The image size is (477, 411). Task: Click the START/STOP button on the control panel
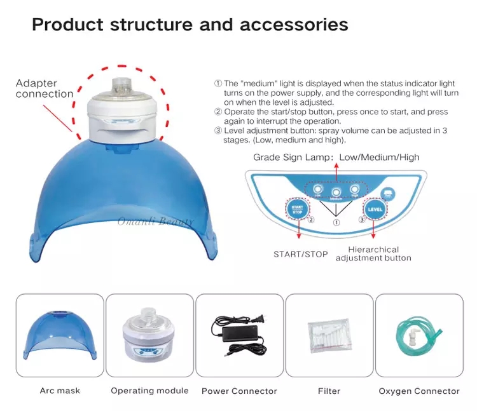295,208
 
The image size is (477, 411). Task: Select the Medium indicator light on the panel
336,191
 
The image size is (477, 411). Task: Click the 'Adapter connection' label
45,89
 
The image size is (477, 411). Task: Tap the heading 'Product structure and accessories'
190,25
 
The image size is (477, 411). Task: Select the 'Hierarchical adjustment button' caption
373,254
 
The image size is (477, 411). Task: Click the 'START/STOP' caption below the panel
301,254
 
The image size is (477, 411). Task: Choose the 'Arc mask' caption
60,391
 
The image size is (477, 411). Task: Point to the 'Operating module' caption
149,391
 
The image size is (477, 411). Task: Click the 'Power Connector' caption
239,391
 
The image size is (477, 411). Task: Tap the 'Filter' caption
329,391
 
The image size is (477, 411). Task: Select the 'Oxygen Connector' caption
419,391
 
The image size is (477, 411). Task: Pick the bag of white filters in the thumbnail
329,333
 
